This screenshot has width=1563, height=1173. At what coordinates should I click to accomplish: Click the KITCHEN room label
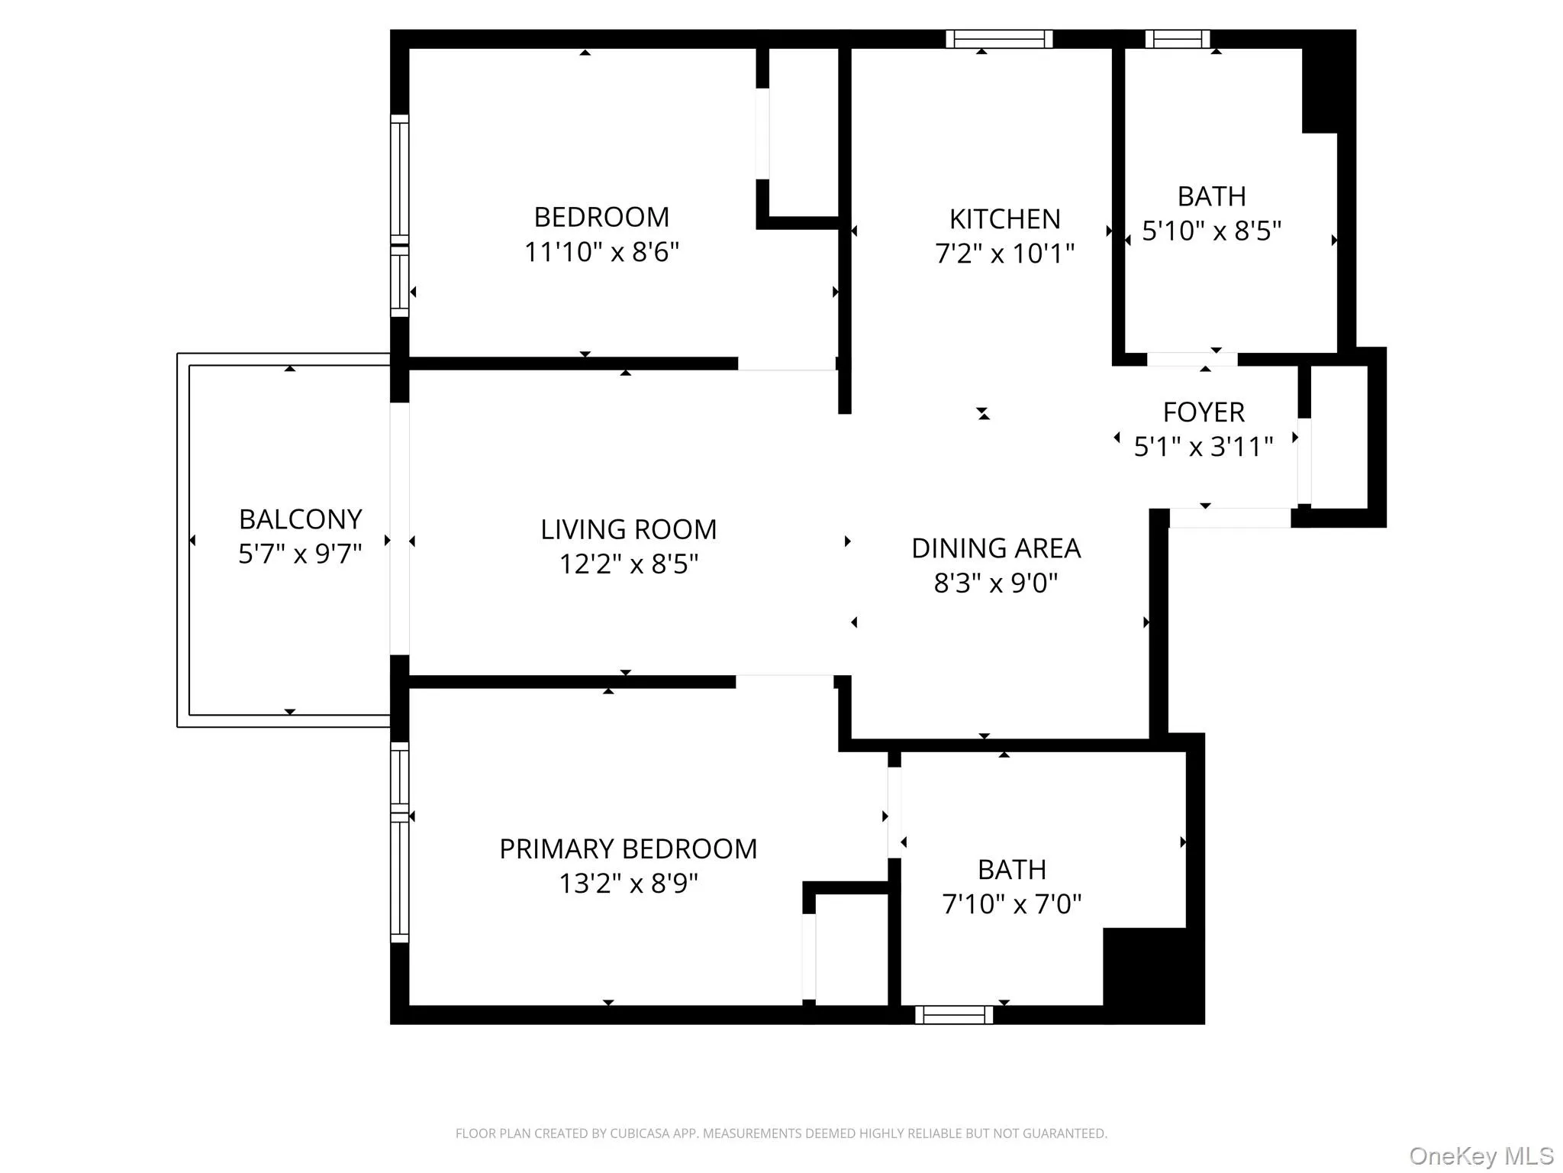pyautogui.click(x=1004, y=219)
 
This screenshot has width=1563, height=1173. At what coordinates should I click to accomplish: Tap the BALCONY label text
pyautogui.click(x=300, y=519)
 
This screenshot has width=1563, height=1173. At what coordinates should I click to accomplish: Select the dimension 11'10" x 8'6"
pyautogui.click(x=601, y=252)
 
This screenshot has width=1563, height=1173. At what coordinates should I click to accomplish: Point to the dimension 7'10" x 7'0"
pyautogui.click(x=1012, y=904)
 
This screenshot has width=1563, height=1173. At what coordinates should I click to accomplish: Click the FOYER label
pyautogui.click(x=1204, y=412)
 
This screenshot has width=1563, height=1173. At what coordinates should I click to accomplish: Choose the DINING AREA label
pyautogui.click(x=996, y=548)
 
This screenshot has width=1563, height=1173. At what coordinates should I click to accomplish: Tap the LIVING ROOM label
pyautogui.click(x=628, y=529)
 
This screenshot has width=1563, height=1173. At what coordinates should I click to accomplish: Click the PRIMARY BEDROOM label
pyautogui.click(x=628, y=848)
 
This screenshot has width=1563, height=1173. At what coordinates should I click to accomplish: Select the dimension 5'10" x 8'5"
pyautogui.click(x=1211, y=231)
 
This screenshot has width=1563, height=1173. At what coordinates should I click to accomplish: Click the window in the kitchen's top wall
pyautogui.click(x=999, y=39)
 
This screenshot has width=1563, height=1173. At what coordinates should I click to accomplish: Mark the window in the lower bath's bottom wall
pyautogui.click(x=954, y=1015)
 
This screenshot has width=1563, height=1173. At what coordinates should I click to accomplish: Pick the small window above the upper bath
pyautogui.click(x=1177, y=39)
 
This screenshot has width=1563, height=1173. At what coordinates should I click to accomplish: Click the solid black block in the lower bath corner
pyautogui.click(x=1152, y=974)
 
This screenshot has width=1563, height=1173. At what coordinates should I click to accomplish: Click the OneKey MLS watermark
pyautogui.click(x=1481, y=1156)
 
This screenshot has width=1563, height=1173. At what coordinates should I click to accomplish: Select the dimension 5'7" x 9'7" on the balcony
pyautogui.click(x=300, y=554)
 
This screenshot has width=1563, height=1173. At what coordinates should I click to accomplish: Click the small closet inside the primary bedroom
pyautogui.click(x=851, y=949)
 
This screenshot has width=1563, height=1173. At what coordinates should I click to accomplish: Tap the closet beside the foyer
pyautogui.click(x=1339, y=437)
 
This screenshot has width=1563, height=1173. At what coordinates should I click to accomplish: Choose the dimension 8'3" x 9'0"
pyautogui.click(x=996, y=583)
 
